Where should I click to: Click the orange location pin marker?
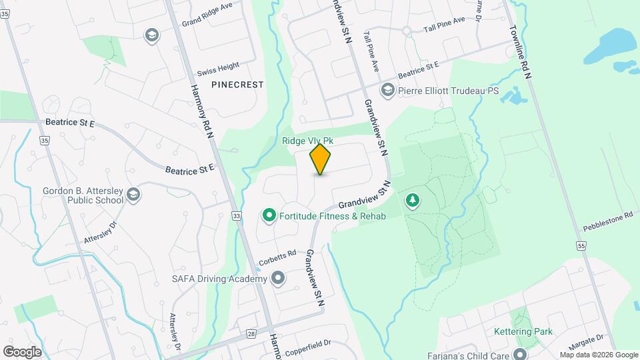coord(321,159)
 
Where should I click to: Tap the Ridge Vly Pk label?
coord(307,141)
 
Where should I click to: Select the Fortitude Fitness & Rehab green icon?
coord(269,215)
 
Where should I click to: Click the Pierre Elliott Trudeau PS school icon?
coord(387,90)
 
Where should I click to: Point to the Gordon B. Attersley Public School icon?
coord(133,194)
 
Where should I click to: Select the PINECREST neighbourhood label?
coord(237,85)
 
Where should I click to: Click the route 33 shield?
coord(236,216)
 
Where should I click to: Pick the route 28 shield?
coord(251,333)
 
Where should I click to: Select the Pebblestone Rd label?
coord(608,217)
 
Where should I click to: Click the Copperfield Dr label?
coord(308,344)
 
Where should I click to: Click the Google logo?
coord(22,351)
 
